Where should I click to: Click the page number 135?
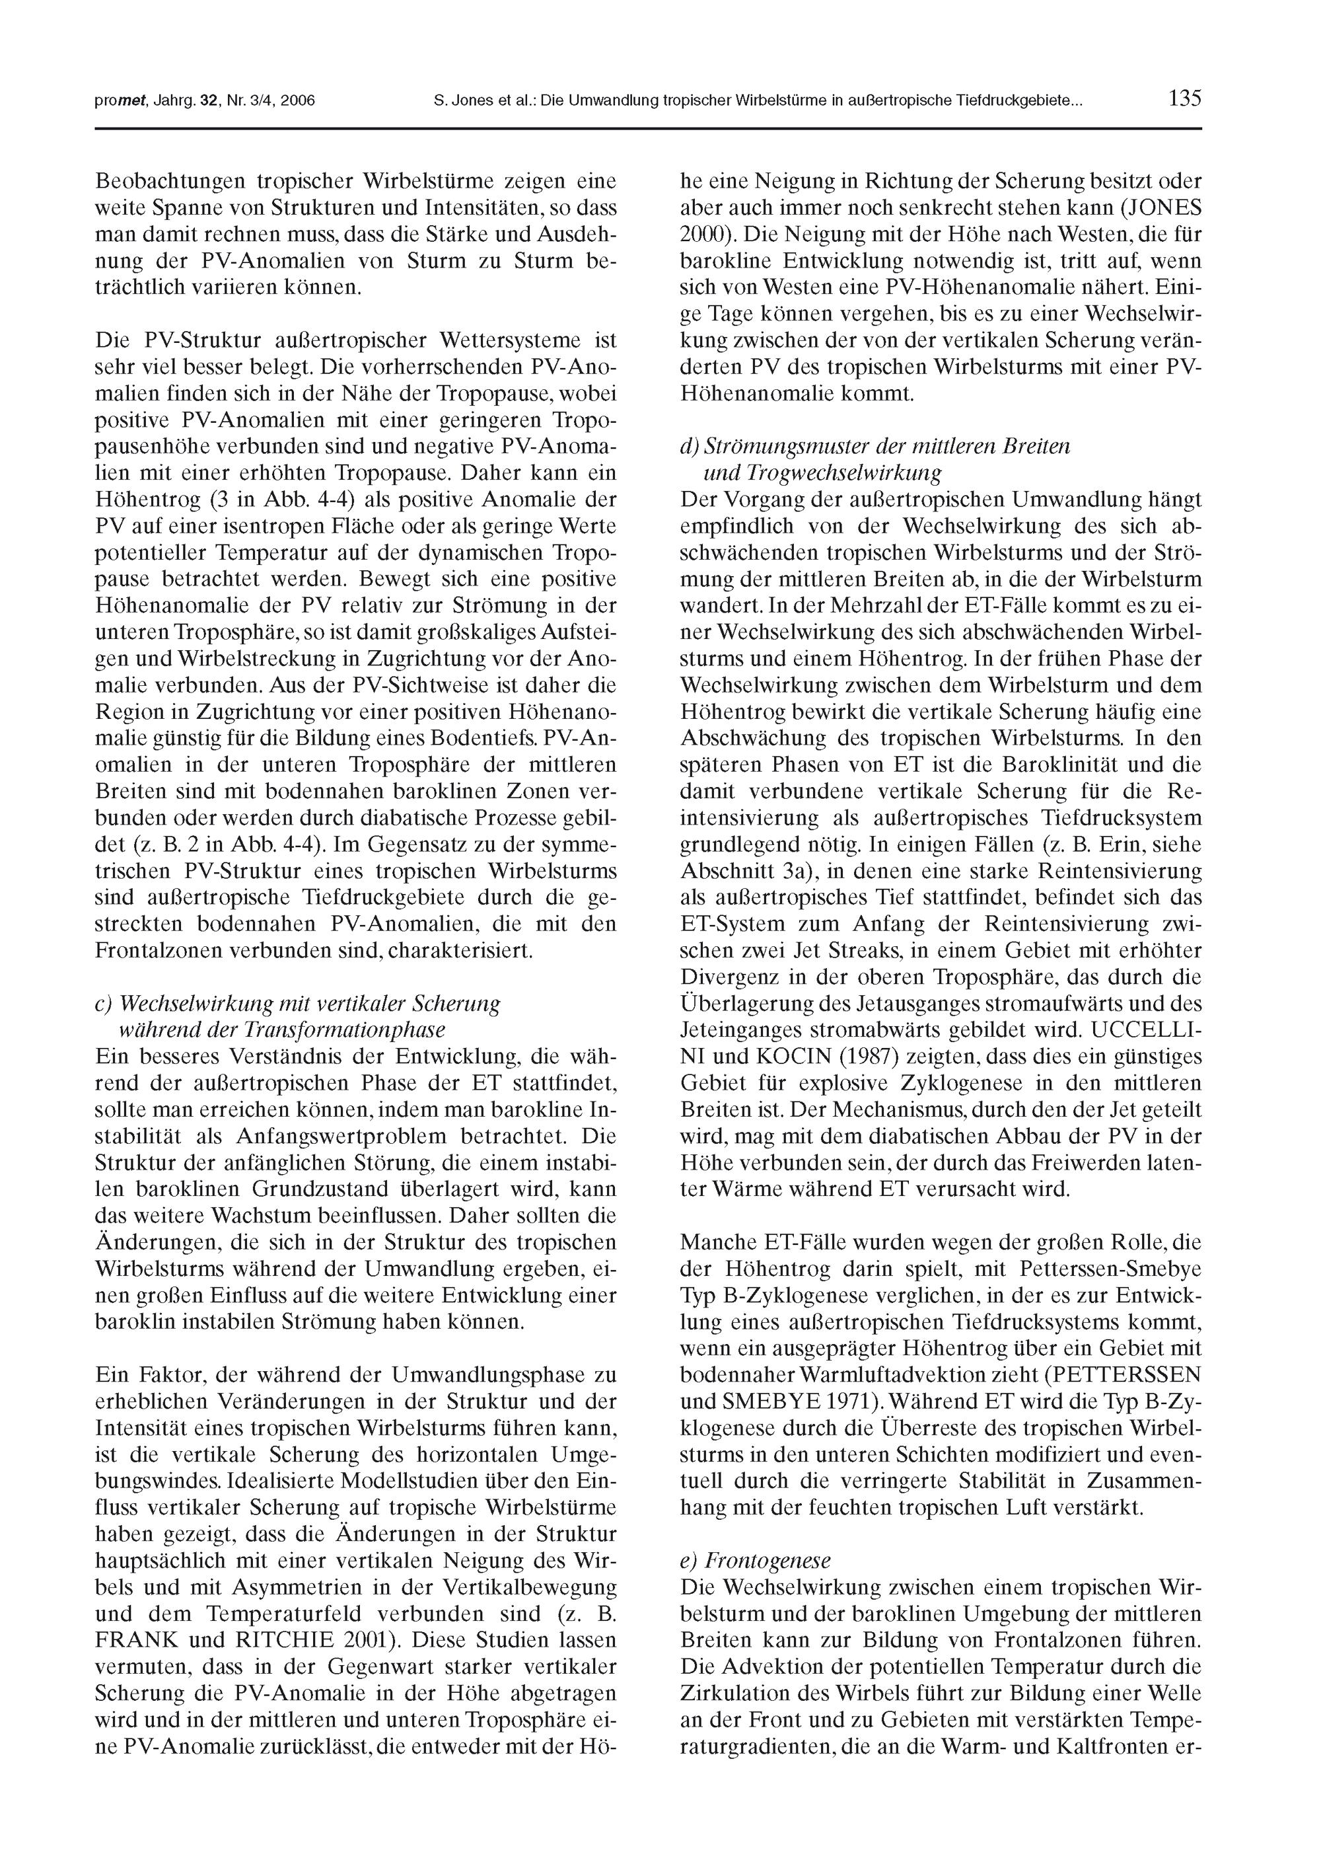point(1184,99)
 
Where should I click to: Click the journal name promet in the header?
point(119,102)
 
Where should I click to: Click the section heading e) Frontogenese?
point(756,1561)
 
